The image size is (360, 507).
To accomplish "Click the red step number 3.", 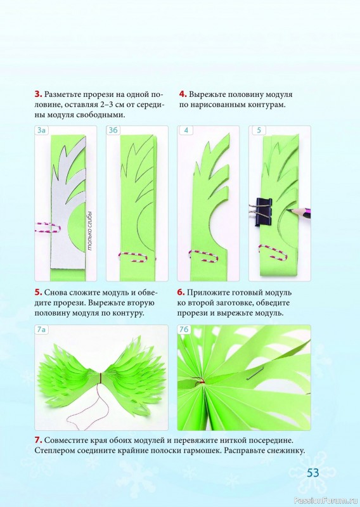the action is coord(38,94).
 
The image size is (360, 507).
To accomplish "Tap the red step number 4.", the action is coord(183,94).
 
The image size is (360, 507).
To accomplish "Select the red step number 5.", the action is coord(38,293).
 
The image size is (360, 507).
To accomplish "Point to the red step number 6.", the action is coord(181,293).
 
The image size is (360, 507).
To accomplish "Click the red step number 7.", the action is coord(38,440).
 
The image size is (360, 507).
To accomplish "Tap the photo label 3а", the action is coord(42,131).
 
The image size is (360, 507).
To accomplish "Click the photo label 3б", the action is coord(113,131).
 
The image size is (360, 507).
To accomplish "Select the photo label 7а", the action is coord(42,330).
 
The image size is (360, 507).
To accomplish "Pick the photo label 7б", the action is coord(184,330).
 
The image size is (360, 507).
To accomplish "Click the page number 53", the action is coord(313,473).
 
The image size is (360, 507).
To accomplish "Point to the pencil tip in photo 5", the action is coord(287,210).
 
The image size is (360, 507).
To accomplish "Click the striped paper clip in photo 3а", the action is coord(48,228).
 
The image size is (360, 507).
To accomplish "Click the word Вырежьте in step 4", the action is coord(207,94).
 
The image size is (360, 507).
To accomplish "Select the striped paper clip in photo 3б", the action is coord(136,257).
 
